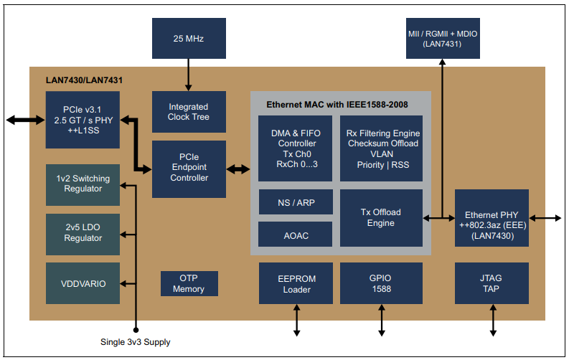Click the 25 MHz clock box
189,38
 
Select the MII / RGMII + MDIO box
442,38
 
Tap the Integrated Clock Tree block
189,111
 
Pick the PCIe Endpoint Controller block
189,169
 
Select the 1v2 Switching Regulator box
83,184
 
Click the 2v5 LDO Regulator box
83,233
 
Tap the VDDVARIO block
83,283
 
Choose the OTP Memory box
189,284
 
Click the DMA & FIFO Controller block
295,148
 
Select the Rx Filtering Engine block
381,148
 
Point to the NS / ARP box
295,203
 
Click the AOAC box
295,235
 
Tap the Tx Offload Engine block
381,218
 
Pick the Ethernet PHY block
492,218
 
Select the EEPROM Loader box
295,283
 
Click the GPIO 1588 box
381,283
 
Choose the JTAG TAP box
492,283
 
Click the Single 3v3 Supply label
136,342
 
